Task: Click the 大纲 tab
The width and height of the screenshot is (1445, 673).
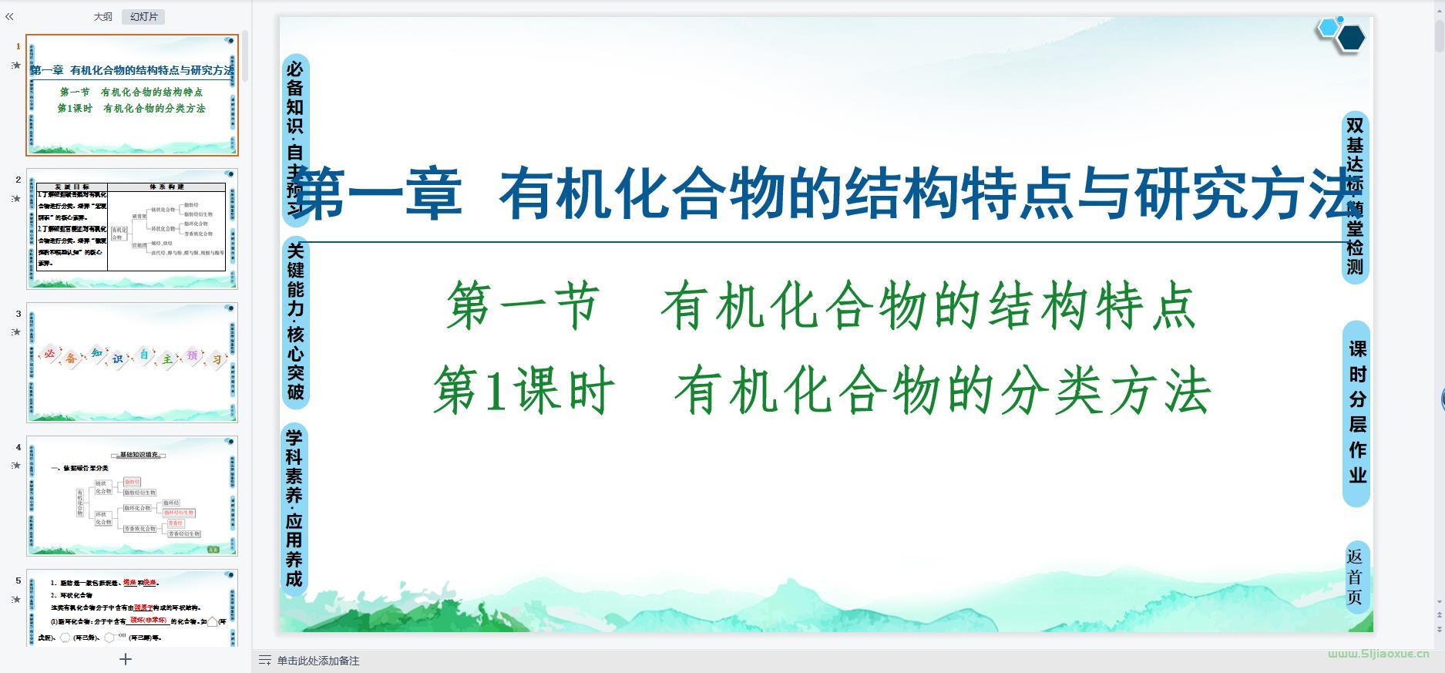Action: point(102,16)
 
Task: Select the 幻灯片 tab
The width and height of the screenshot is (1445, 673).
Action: point(143,16)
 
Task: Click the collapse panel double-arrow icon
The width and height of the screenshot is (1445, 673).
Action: point(9,16)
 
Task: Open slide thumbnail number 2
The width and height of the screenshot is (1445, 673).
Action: point(132,229)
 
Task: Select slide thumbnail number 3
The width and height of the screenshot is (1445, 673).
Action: point(132,362)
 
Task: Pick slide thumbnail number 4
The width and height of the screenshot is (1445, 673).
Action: point(132,496)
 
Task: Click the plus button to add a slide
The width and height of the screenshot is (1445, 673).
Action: point(126,659)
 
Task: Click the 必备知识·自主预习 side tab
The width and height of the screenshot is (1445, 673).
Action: point(295,139)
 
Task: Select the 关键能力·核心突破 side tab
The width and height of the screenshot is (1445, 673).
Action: point(295,321)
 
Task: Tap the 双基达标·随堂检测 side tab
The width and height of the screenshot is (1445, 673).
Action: point(1355,197)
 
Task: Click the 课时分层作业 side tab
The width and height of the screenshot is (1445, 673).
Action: point(1357,412)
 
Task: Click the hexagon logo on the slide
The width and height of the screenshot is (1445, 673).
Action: point(1342,34)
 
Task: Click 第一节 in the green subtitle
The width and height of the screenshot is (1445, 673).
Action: point(523,306)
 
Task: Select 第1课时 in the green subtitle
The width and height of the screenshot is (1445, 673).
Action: point(523,391)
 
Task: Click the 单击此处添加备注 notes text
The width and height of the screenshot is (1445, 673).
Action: point(318,661)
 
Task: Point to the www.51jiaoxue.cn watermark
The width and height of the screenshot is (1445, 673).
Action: point(1378,654)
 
